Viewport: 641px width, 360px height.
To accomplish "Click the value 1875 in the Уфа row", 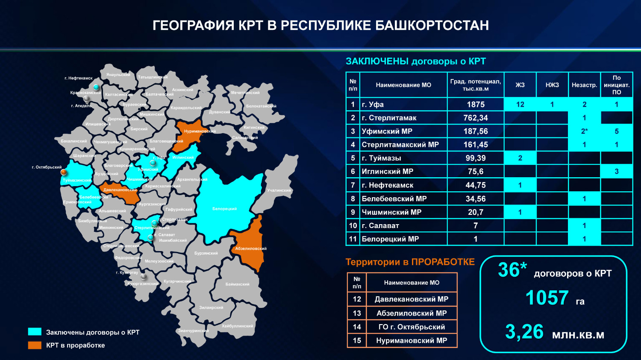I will click(476, 105).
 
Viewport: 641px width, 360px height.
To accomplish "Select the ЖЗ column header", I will click(520, 85).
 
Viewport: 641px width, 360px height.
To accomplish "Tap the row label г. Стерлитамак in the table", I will click(389, 118).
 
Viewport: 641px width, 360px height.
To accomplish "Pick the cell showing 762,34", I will click(476, 118).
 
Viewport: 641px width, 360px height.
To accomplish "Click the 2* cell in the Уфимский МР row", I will click(584, 132).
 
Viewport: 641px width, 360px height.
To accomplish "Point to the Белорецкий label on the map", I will click(224, 209).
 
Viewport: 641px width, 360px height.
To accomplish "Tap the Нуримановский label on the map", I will click(200, 132).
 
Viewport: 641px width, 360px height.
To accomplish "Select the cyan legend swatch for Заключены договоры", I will click(35, 332).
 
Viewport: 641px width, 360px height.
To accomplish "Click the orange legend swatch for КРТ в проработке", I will click(35, 345).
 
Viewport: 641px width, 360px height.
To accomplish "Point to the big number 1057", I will click(547, 298).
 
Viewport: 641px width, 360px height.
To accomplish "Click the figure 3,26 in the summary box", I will click(524, 332).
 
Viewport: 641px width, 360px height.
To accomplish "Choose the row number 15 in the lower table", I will click(357, 341).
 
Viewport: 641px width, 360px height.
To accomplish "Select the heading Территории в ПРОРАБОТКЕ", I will click(410, 262).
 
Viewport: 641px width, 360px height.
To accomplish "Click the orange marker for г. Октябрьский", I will click(64, 172).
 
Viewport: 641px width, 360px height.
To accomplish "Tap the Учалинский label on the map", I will click(279, 190).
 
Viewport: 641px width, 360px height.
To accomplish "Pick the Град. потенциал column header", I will click(476, 85).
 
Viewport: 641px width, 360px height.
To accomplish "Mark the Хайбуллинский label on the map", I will click(237, 326).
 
